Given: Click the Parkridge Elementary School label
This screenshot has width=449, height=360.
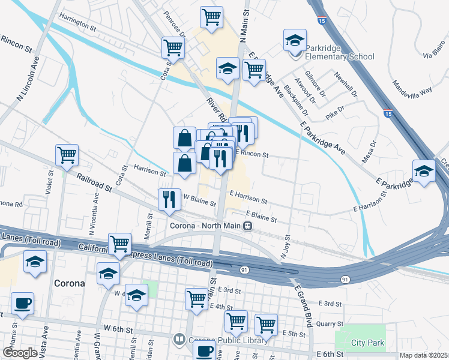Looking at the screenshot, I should point(339,52).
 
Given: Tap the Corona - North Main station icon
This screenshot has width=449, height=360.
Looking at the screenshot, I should point(247,226).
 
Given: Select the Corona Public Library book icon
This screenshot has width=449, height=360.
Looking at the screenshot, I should point(179,340).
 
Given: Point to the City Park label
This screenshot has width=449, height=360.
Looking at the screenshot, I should point(367,343).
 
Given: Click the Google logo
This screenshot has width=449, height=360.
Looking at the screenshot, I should point(20,353).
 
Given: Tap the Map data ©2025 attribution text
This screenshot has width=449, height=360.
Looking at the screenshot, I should point(424,355).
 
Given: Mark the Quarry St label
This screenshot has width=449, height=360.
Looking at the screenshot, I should point(329,324).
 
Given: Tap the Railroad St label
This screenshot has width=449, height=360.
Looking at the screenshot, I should point(94,182).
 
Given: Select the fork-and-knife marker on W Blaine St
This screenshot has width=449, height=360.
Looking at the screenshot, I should point(169,199).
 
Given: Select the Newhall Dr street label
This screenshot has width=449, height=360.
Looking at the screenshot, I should point(346,86).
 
